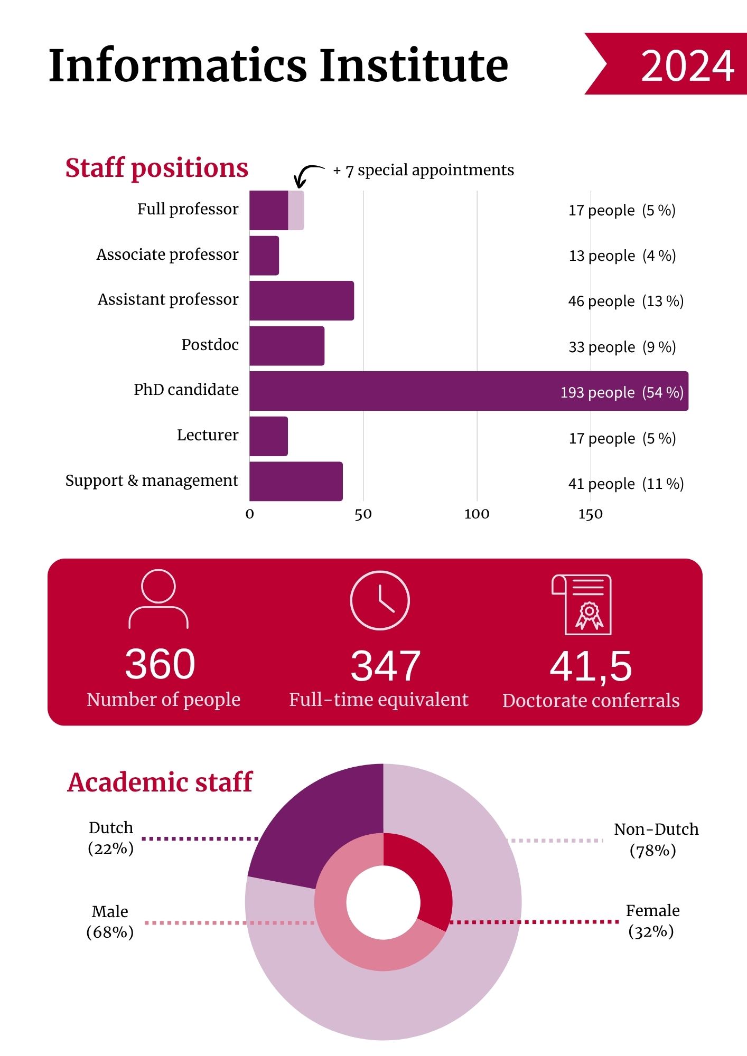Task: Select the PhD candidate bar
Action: [401, 391]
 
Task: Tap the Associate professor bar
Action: [264, 256]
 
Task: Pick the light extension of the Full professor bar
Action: [296, 210]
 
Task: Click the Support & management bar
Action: [296, 482]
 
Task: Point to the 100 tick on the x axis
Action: [477, 514]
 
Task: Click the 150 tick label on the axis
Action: [590, 514]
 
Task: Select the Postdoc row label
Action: [210, 345]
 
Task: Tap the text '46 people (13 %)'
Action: [625, 301]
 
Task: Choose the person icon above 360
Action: [158, 599]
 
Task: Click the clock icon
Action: [379, 600]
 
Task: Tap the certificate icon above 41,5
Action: [582, 605]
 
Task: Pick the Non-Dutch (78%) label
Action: [655, 840]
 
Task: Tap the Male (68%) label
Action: [110, 921]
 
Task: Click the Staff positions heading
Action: [156, 168]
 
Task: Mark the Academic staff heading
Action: [160, 782]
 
